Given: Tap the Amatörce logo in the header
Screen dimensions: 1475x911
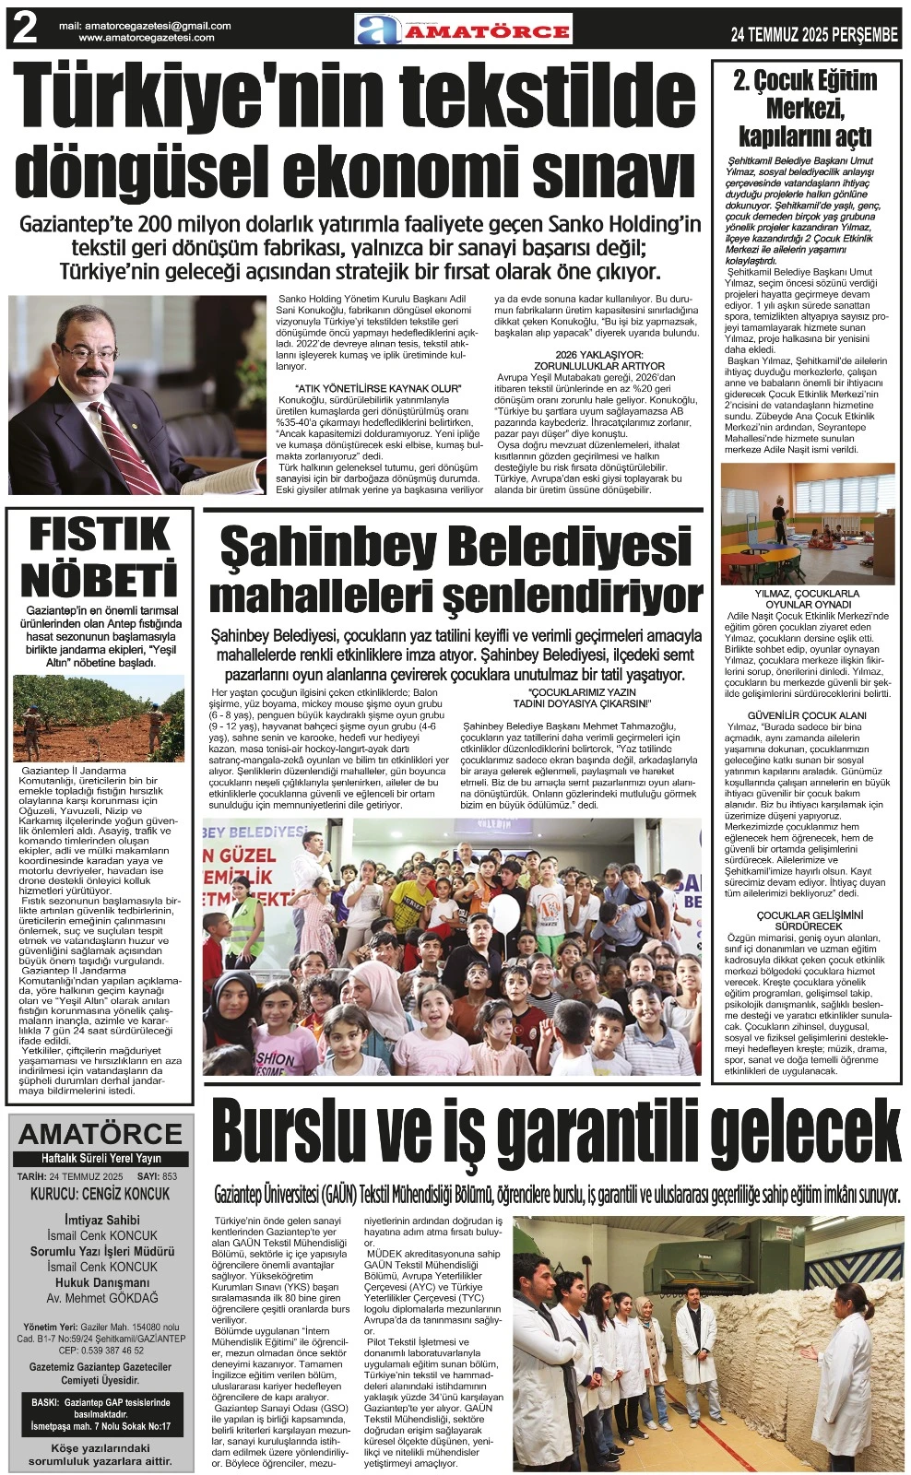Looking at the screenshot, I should pos(464,29).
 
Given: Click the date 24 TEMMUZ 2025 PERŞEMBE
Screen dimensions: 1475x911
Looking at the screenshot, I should pos(813,35).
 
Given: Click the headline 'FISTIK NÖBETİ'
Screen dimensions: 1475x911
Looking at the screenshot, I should pos(99,558).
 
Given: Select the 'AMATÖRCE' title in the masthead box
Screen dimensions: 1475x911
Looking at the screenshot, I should pos(101,1133).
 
